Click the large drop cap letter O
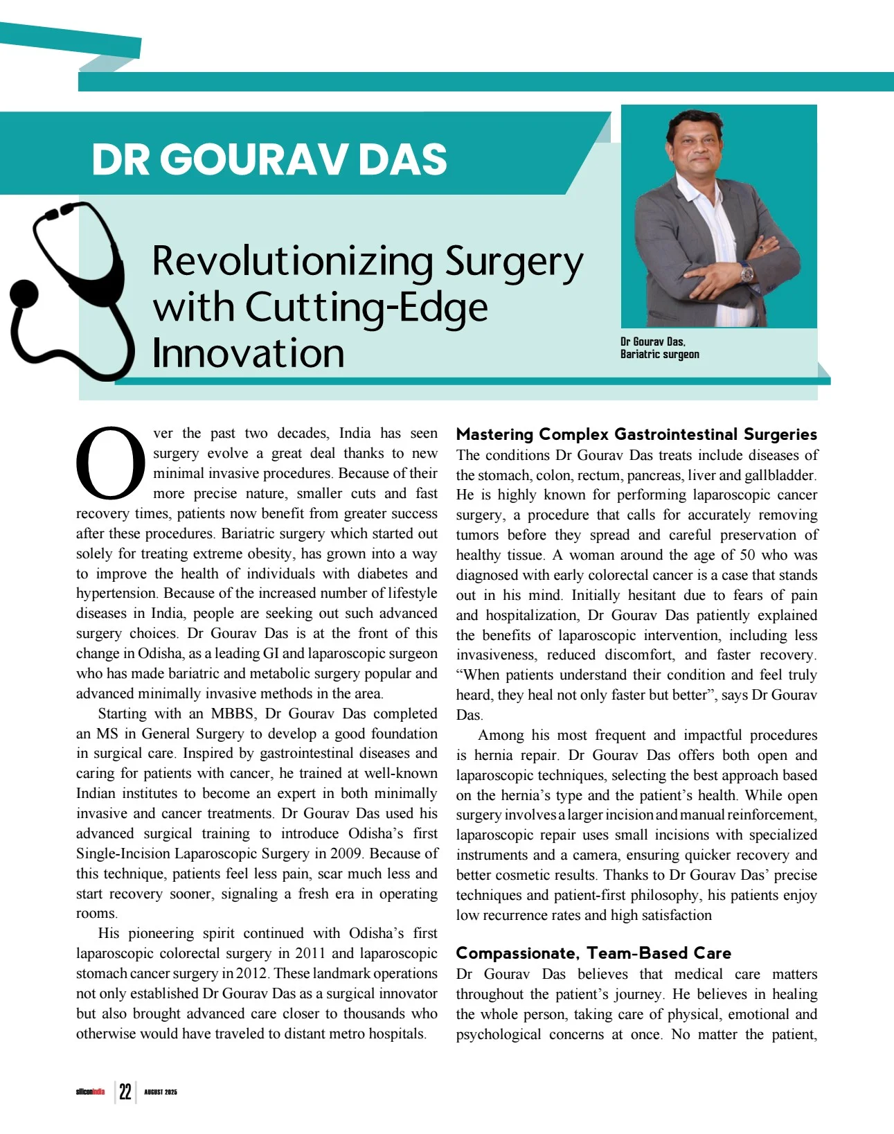tap(111, 462)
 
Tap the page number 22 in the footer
tap(125, 1092)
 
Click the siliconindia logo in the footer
tap(90, 1092)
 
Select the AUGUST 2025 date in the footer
tap(161, 1092)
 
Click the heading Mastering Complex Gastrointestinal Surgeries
tap(636, 434)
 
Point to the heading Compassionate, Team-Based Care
tap(593, 953)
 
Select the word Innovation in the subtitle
tap(248, 353)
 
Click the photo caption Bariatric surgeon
tap(659, 355)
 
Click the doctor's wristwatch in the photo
tap(747, 273)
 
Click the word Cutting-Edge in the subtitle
tap(367, 308)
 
